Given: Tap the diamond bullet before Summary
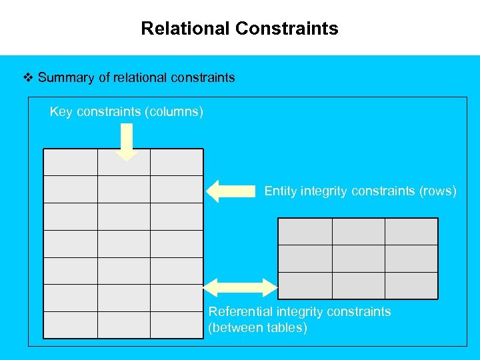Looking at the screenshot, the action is click(28, 77).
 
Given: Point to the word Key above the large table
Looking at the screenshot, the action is click(61, 111).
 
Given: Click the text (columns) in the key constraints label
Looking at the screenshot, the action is click(173, 111).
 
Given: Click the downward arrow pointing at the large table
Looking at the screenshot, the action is click(127, 141).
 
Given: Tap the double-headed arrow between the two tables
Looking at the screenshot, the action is click(239, 287).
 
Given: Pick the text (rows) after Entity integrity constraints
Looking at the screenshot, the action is click(438, 191).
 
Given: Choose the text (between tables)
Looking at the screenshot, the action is click(258, 328).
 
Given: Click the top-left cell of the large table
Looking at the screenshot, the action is click(71, 162).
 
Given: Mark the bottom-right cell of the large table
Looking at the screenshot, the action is click(177, 325).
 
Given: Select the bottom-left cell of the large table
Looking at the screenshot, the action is click(71, 325).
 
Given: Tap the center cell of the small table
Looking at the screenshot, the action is click(359, 258).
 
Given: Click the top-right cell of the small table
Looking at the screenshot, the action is click(411, 231).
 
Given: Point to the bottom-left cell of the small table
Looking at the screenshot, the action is click(305, 285).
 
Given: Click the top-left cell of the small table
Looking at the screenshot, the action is click(305, 231).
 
